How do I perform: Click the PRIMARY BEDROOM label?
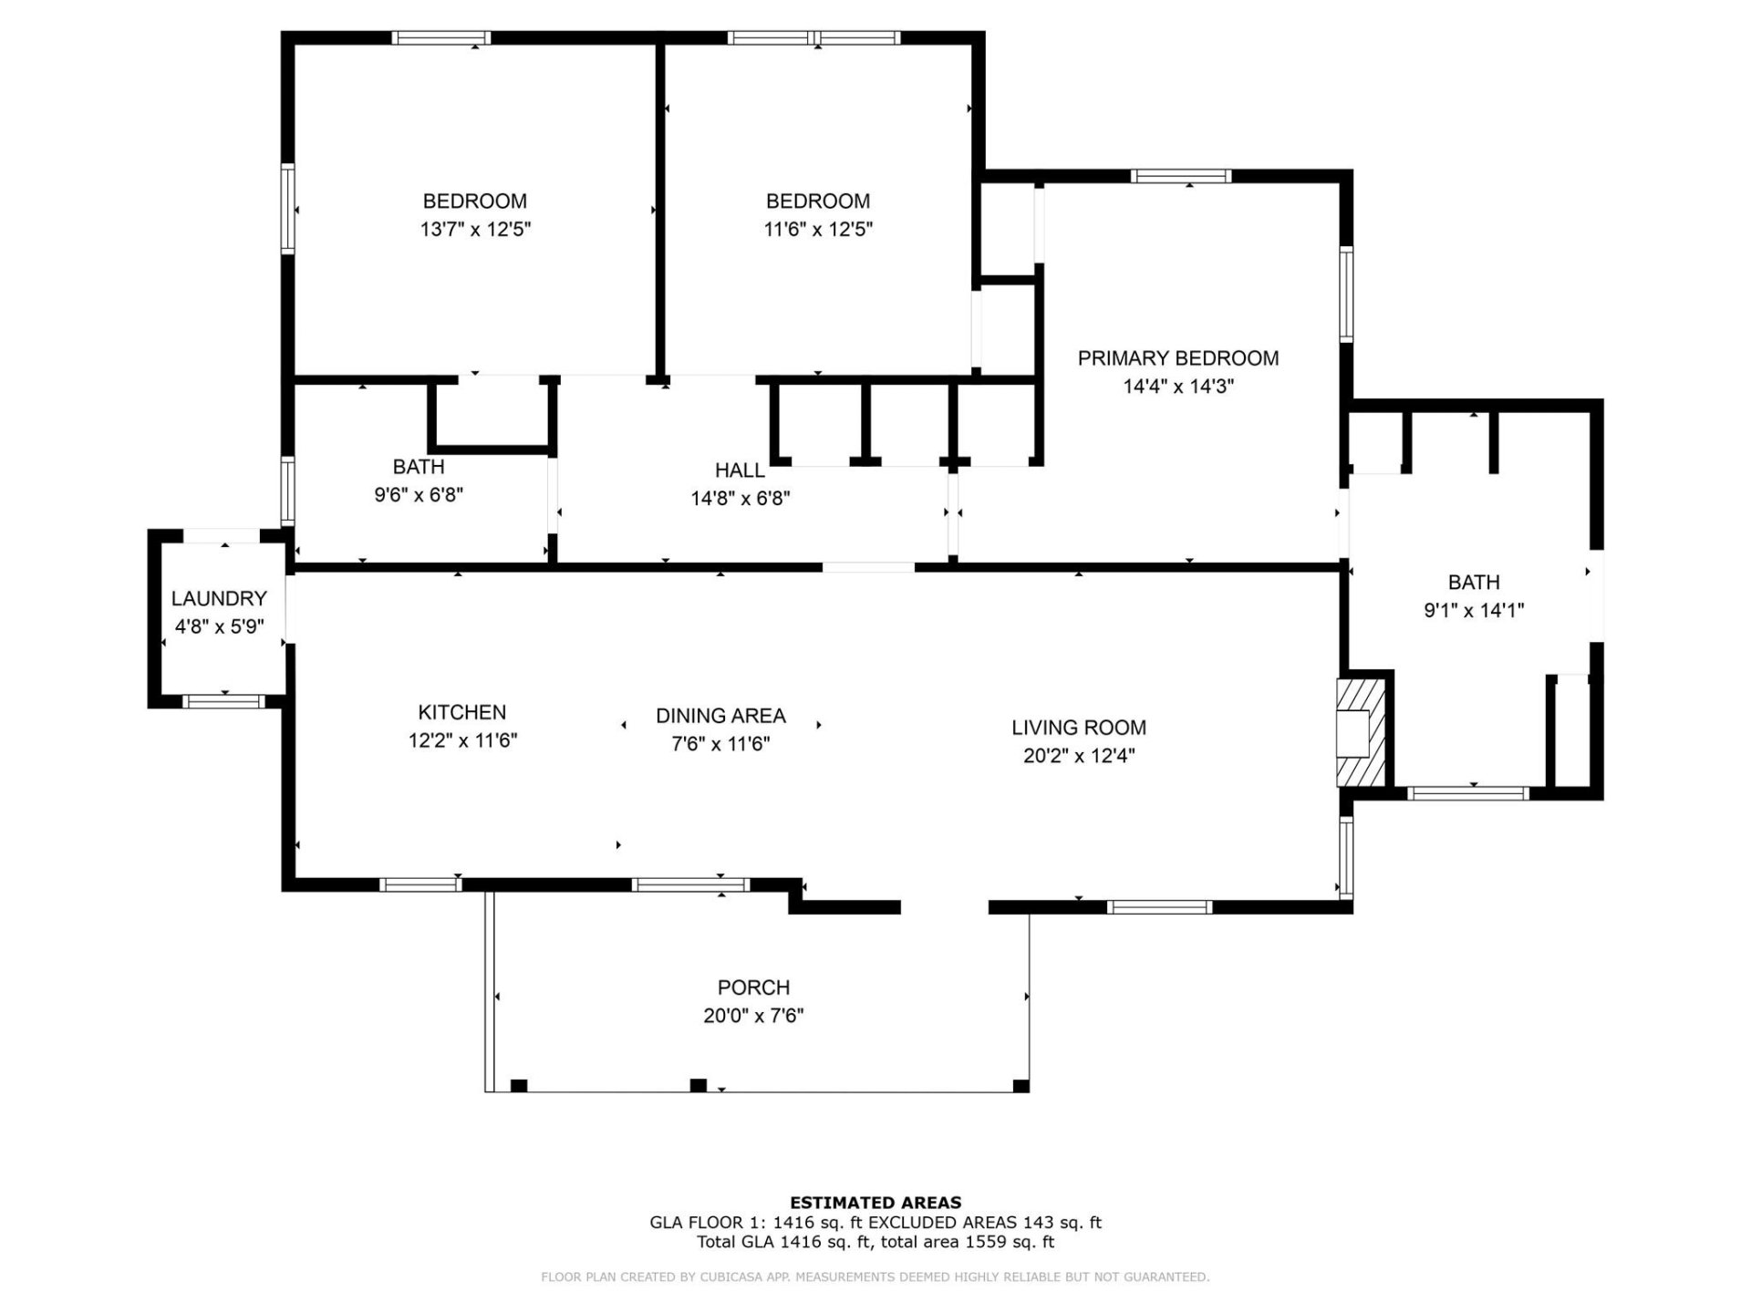pos(1177,358)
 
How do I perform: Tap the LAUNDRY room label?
pos(219,598)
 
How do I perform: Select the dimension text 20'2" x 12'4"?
pos(1079,756)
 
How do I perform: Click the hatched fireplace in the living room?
pos(1360,732)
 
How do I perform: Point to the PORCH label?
pos(753,987)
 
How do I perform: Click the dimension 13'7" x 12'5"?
pos(475,229)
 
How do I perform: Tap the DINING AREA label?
pos(720,716)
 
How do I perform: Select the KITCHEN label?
pos(461,712)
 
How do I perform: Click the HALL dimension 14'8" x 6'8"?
pos(740,499)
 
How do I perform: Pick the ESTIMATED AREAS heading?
pos(875,1203)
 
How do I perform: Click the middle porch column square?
pos(698,1085)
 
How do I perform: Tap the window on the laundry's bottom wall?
pos(224,701)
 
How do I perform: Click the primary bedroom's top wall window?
pos(1180,176)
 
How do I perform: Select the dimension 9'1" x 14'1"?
pos(1474,611)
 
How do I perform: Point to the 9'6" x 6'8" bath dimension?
pos(419,495)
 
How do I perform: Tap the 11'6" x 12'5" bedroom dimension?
pos(818,229)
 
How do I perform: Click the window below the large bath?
pos(1467,793)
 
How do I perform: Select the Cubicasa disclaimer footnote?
pos(875,1277)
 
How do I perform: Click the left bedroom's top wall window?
pos(441,38)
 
